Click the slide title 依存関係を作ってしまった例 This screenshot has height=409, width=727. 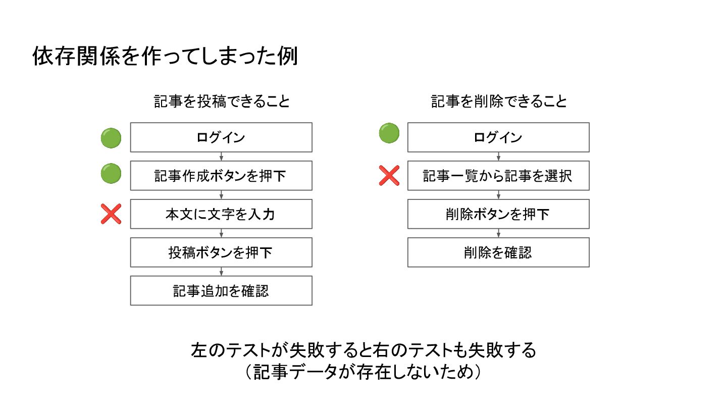[x=165, y=57]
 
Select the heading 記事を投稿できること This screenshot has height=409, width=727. [x=222, y=101]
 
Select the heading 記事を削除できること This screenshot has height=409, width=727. [x=499, y=101]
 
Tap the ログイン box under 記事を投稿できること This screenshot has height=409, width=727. [x=221, y=137]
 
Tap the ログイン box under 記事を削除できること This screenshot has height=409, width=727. [x=498, y=137]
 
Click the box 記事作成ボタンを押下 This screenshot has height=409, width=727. [x=221, y=176]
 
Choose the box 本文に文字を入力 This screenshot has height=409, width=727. [x=221, y=214]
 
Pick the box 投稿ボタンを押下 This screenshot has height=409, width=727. [x=221, y=252]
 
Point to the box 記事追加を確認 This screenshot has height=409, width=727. [x=221, y=291]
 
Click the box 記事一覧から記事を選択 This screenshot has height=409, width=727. [x=498, y=176]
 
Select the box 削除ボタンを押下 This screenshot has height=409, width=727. [x=498, y=214]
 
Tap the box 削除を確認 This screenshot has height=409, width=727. [x=498, y=252]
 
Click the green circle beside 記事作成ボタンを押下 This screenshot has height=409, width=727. [x=111, y=174]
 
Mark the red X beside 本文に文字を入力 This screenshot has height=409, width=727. [x=111, y=214]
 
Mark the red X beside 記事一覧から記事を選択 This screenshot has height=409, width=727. [x=389, y=176]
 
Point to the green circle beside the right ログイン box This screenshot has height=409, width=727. [x=389, y=133]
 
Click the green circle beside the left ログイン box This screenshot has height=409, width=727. [x=111, y=138]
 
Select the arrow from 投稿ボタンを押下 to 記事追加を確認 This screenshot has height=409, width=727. [x=221, y=272]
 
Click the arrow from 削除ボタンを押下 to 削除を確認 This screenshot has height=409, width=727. [x=498, y=233]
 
